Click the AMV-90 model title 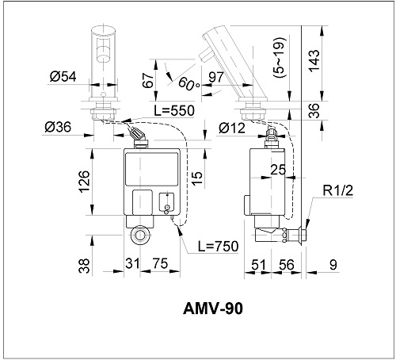(x=213, y=308)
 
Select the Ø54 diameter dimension (x=63, y=77)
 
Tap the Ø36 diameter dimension (x=58, y=127)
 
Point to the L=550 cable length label (x=174, y=110)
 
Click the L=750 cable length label (x=219, y=246)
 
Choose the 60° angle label (x=189, y=83)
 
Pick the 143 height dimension (x=314, y=60)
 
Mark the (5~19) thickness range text (x=280, y=57)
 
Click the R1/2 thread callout (x=338, y=190)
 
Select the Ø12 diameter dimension (x=232, y=128)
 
